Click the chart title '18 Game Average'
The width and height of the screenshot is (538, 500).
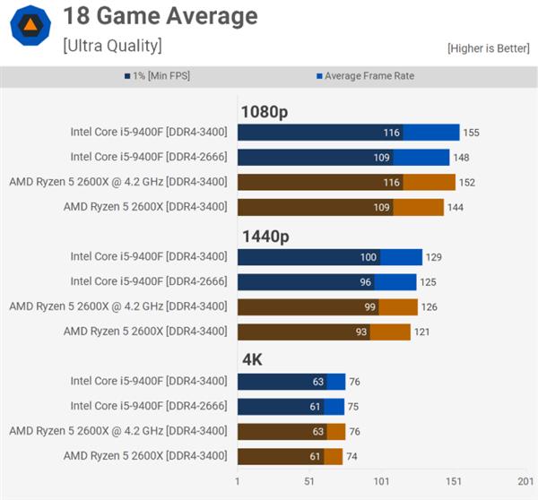[x=160, y=16]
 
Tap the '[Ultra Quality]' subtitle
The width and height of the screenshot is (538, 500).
[x=112, y=44]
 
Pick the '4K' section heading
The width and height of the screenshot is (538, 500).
[x=252, y=360]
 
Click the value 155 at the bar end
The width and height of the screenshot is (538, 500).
[x=471, y=133]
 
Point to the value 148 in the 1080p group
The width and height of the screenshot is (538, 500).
[x=461, y=158]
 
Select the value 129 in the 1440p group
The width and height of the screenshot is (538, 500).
[x=433, y=257]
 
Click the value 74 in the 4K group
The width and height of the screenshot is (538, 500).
[x=352, y=456]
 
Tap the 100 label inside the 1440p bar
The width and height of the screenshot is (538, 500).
[x=369, y=257]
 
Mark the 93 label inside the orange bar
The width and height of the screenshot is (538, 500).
[x=360, y=332]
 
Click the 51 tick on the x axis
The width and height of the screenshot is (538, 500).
[x=309, y=482]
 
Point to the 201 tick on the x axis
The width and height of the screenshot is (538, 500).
[x=524, y=482]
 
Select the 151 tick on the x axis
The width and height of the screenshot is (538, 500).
[x=454, y=482]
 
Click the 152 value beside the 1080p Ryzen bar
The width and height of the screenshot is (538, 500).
[x=466, y=183]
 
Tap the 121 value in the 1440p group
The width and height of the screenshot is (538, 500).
[x=421, y=332]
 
